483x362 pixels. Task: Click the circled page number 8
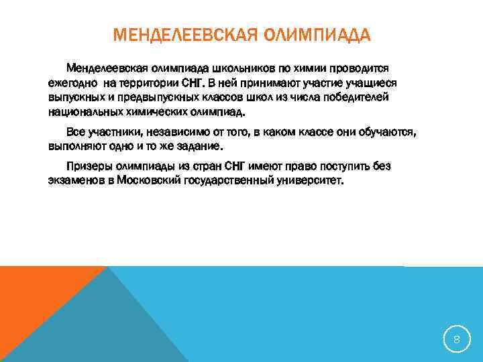click(457, 340)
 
